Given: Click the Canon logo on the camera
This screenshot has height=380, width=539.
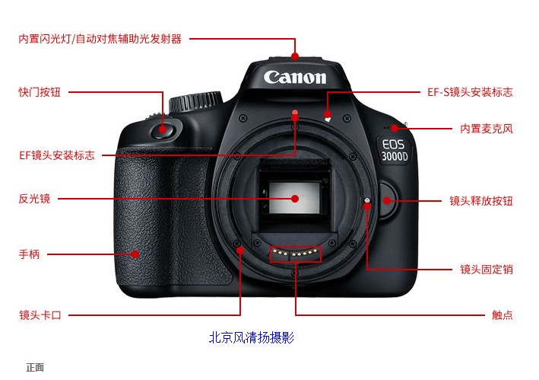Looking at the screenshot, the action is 295,77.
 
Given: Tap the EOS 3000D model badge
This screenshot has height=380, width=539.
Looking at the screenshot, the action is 395,150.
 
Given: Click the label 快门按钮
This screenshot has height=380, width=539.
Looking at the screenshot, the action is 40,92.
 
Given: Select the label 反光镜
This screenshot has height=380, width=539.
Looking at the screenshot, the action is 34,199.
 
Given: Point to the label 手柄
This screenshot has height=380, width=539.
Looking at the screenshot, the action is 29,254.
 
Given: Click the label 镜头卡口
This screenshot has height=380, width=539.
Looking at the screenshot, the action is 40,315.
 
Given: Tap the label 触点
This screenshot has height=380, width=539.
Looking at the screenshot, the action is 503,315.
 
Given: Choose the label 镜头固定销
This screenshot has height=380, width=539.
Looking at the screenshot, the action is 487,269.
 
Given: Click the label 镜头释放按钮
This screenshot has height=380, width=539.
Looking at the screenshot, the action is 481,201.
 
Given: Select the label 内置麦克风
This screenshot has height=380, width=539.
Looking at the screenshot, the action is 487,129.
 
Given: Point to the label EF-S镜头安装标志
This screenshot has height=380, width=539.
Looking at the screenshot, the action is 470,92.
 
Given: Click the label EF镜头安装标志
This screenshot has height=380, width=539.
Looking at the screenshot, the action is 57,155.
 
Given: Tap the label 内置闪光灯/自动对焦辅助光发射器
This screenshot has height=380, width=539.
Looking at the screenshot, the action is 100,39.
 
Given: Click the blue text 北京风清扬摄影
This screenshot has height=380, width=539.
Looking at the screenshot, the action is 252,337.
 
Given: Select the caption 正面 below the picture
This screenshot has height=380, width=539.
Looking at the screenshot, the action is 35,368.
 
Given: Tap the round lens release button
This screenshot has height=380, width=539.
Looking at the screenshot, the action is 388,200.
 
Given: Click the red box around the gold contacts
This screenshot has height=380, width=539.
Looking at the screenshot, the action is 296,254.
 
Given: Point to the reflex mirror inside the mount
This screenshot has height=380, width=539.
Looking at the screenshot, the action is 294,198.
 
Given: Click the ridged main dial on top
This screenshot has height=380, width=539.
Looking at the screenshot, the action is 195,101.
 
